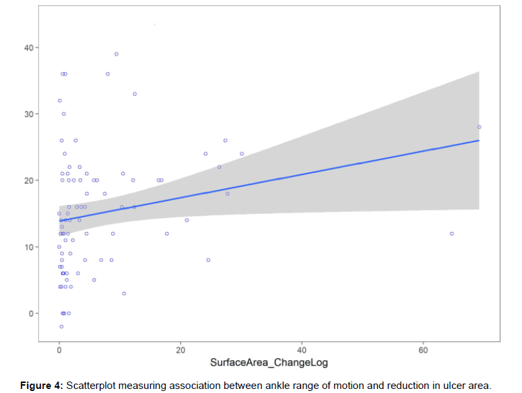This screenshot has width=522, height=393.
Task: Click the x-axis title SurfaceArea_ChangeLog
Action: (269, 363)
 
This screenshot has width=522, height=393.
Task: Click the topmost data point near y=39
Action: (117, 54)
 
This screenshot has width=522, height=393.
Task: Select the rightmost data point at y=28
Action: (479, 127)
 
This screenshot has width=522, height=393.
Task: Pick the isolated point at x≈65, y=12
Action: (452, 234)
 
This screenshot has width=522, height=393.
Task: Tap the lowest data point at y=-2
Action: (61, 326)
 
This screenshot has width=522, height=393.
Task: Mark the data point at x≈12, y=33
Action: (135, 94)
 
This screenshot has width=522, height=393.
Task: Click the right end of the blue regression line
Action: (479, 141)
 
